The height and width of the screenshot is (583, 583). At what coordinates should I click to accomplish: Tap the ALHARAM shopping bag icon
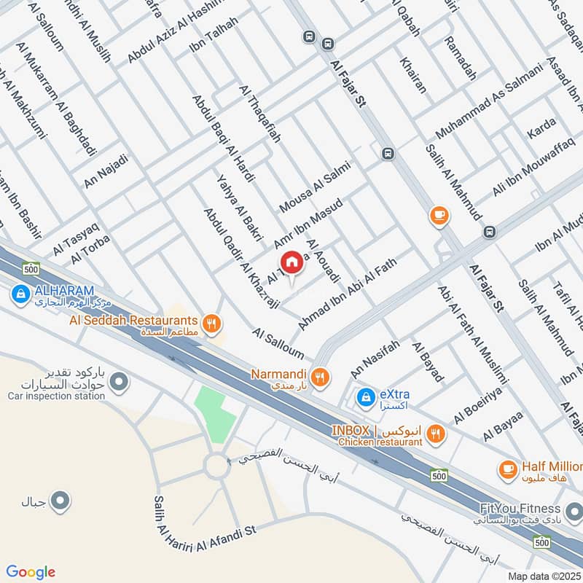[x=20, y=294]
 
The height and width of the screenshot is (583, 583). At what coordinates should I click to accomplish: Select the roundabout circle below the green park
[x=216, y=466]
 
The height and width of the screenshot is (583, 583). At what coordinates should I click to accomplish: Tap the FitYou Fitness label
[x=520, y=509]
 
